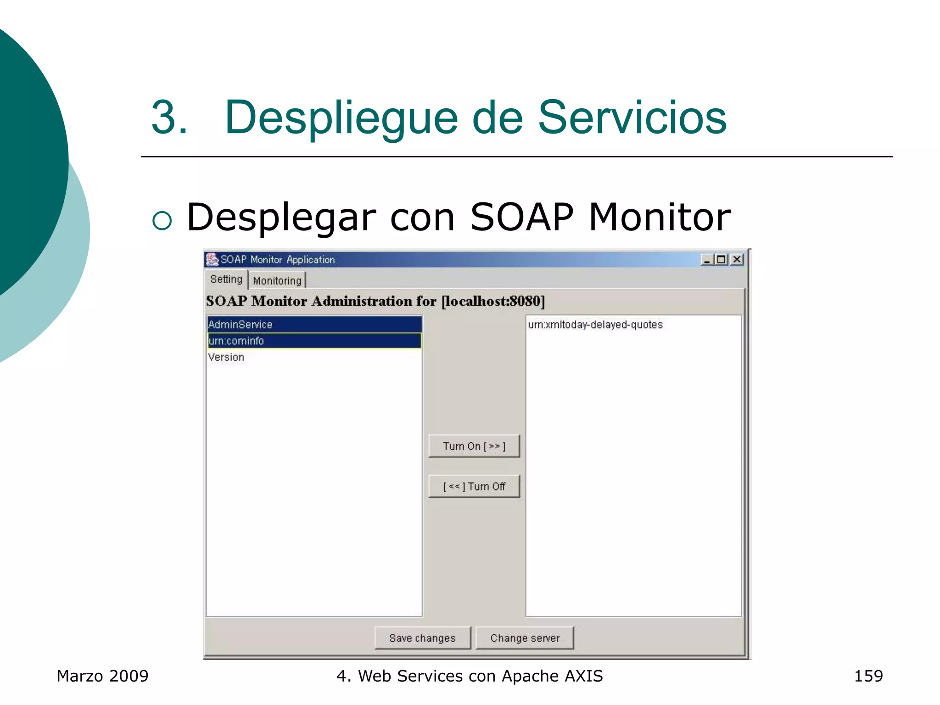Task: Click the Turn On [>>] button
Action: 474,446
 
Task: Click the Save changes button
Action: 422,638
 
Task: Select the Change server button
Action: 525,638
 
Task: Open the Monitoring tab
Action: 277,280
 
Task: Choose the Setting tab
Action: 226,279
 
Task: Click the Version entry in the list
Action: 226,357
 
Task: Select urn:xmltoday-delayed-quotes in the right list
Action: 595,325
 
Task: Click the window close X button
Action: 737,259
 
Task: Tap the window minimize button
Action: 706,259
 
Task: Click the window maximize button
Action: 722,259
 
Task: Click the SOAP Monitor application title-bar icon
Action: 212,259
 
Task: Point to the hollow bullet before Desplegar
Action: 162,221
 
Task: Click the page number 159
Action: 868,676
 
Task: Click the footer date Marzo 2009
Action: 102,676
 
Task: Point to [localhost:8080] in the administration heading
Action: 493,301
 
